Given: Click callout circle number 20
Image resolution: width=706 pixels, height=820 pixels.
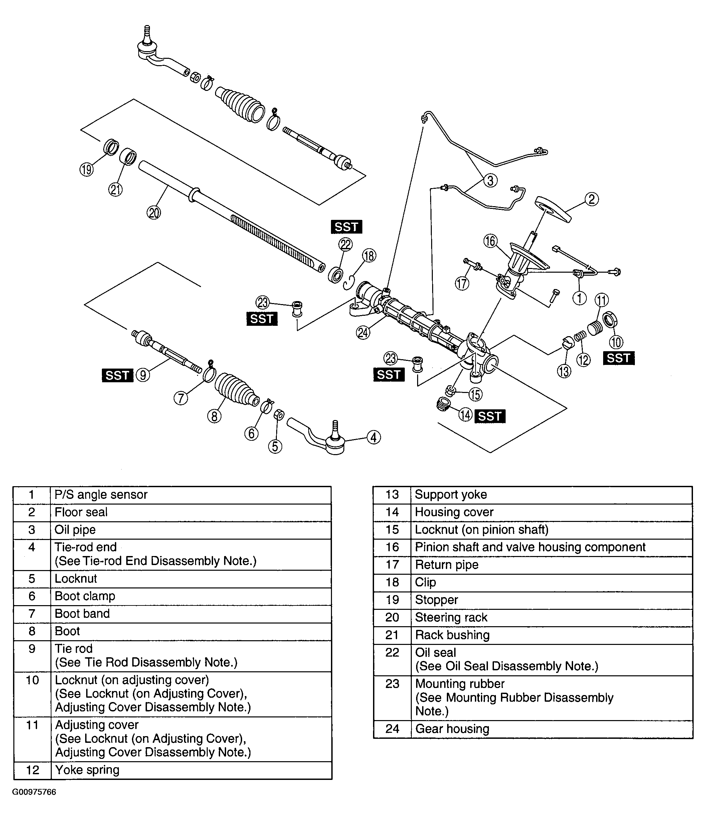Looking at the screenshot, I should click(154, 213).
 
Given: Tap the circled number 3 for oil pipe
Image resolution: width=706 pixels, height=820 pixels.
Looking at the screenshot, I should click(490, 180).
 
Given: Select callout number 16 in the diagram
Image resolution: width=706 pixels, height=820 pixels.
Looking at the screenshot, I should click(490, 241).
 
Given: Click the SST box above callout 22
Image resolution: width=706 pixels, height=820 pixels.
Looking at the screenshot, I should click(346, 227).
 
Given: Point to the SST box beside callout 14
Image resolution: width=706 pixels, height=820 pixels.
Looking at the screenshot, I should click(490, 416).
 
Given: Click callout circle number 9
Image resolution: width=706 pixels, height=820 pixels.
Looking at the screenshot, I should click(143, 375).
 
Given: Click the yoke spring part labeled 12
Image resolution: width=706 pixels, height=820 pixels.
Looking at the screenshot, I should click(580, 337).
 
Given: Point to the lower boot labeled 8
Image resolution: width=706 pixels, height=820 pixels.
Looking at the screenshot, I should click(236, 389).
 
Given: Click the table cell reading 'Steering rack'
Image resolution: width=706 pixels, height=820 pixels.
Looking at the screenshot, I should click(451, 618).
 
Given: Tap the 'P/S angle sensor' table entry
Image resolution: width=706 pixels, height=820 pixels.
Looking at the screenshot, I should click(101, 495).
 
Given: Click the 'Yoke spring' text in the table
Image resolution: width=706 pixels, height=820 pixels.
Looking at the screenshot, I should click(87, 770).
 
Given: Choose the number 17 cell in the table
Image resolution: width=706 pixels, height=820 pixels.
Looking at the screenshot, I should click(392, 565).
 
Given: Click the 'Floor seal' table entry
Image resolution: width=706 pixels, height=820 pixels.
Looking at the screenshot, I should click(81, 512).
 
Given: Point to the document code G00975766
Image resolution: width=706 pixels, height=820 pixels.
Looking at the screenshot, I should click(34, 792).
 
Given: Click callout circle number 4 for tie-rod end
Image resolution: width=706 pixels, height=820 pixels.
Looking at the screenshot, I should click(374, 437).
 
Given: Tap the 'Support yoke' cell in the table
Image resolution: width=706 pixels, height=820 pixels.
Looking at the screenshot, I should click(451, 495).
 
